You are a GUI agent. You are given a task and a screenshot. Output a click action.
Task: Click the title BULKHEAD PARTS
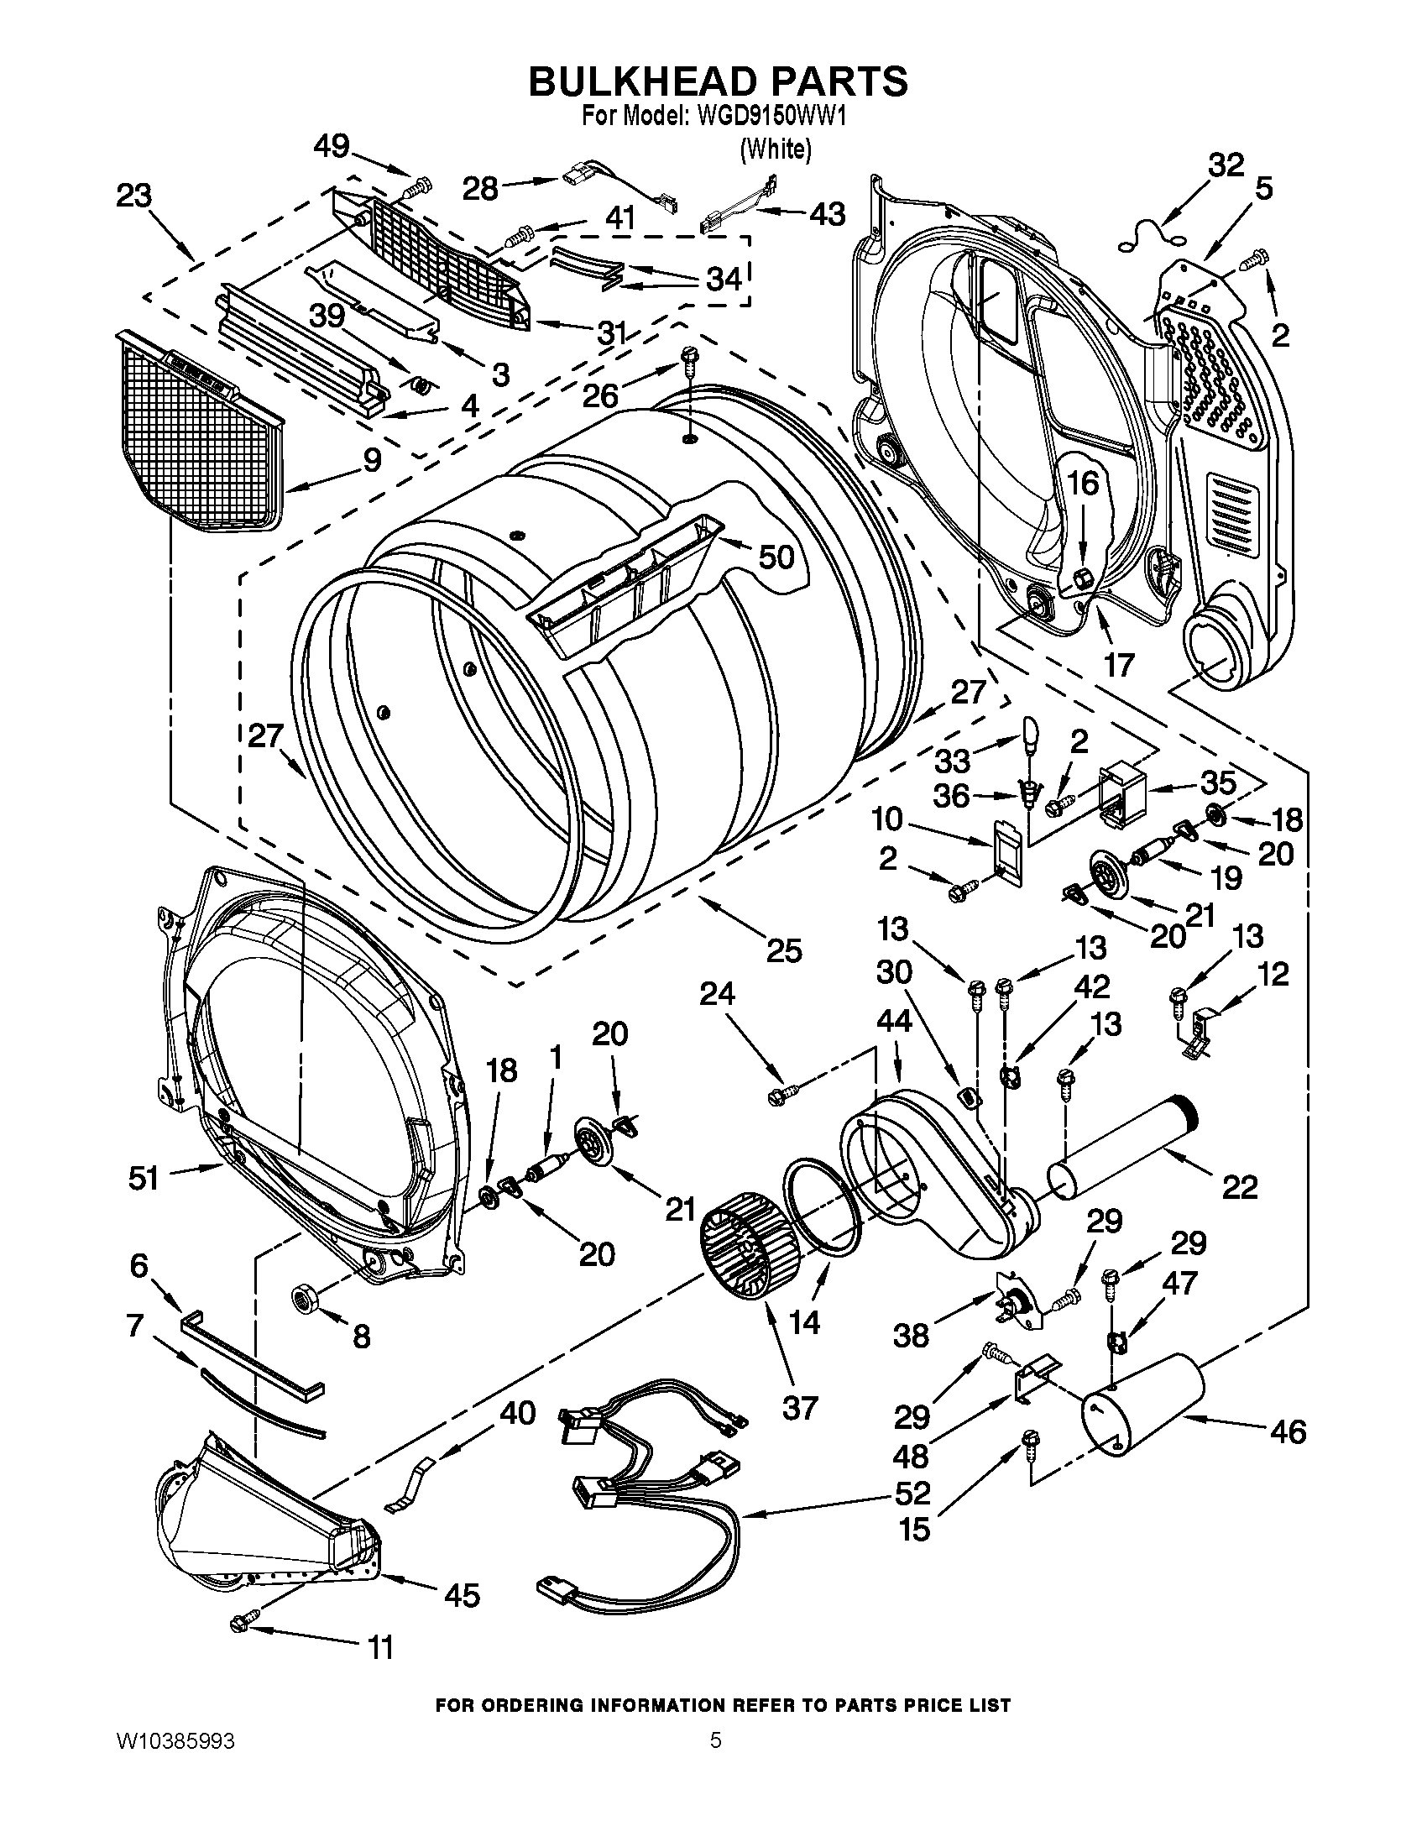[x=718, y=82]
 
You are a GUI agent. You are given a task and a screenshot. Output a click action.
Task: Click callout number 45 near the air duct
[x=462, y=1595]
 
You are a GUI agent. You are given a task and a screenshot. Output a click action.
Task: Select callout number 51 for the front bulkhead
[x=143, y=1177]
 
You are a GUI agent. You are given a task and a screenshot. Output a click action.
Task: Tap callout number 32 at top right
[x=1226, y=165]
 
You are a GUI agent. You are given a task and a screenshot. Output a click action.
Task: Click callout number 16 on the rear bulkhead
[x=1083, y=484]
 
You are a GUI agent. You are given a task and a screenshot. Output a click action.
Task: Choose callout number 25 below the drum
[x=784, y=950]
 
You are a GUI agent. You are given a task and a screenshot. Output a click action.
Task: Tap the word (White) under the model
[x=776, y=149]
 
